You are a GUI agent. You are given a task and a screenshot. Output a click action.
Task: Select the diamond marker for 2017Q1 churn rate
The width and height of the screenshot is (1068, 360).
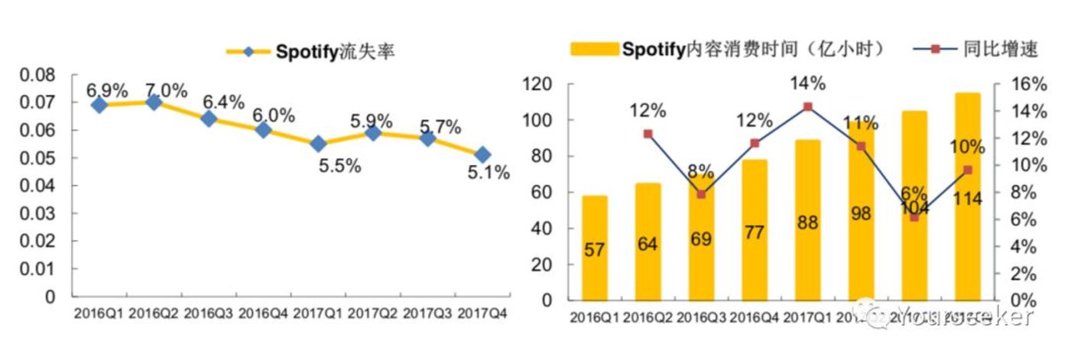coord(318,144)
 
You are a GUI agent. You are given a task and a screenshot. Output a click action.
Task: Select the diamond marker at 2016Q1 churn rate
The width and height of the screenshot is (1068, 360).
coord(99,105)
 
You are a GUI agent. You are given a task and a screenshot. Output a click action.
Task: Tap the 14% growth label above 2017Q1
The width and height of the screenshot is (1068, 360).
coord(808,83)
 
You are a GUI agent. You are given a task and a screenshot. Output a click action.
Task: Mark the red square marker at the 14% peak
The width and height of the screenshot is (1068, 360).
coord(808,107)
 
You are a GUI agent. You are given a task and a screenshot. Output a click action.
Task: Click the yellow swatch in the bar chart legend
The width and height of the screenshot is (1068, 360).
coord(594,50)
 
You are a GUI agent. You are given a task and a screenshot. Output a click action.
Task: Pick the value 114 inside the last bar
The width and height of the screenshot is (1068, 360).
coord(968,199)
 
